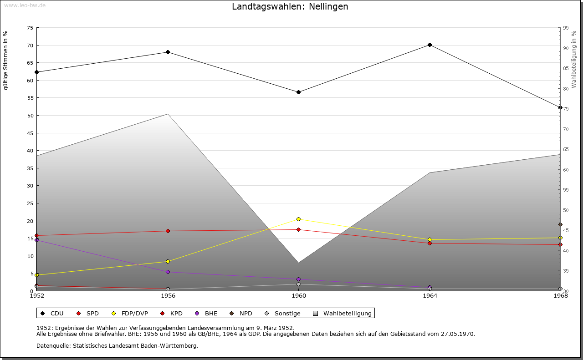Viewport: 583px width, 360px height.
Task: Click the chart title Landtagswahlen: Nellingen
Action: click(290, 6)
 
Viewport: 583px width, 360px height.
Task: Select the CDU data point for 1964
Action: click(430, 45)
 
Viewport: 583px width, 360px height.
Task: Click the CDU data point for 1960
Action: click(298, 92)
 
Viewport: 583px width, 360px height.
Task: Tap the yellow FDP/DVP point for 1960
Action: click(298, 219)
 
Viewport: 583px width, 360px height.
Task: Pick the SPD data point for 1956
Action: click(168, 231)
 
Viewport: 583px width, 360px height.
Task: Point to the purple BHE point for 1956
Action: click(168, 272)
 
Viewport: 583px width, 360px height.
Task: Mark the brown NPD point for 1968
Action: click(560, 224)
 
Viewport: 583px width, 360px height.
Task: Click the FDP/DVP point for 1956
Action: click(168, 261)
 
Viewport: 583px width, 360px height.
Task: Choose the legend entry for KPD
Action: click(172, 313)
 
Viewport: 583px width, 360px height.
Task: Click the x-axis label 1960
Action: click(299, 296)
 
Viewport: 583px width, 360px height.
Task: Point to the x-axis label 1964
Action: click(430, 296)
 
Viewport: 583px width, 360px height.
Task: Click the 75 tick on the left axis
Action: click(30, 28)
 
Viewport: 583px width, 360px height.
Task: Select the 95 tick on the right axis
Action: click(566, 28)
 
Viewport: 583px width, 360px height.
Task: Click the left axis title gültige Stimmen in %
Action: click(6, 61)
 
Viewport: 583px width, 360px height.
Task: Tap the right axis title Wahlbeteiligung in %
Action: click(574, 60)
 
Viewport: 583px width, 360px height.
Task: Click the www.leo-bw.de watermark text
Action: click(24, 5)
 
